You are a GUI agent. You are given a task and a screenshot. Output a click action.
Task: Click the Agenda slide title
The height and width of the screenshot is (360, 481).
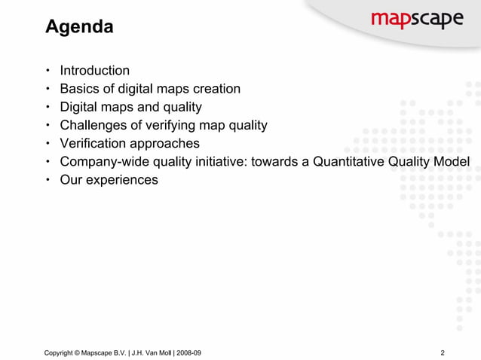point(79,28)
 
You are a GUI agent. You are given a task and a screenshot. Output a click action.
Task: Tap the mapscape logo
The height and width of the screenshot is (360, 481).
point(416,20)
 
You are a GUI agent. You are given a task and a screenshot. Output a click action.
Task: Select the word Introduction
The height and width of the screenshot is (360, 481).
point(94,71)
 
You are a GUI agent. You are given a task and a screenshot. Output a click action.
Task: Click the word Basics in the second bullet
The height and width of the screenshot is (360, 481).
point(80,89)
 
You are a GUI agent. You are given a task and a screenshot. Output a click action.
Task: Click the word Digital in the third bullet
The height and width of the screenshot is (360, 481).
point(79,107)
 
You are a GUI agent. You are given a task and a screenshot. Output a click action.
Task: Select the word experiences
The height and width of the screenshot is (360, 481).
point(123,179)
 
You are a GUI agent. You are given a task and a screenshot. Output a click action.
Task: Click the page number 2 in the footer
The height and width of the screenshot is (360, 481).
point(443,352)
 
